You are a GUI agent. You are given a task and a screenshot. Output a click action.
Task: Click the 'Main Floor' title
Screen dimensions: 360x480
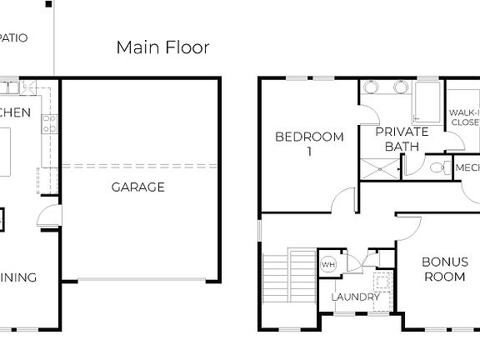162,47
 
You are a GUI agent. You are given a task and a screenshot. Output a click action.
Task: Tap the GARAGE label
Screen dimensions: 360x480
138,187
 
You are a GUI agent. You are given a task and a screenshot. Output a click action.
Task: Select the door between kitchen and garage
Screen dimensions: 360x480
51,215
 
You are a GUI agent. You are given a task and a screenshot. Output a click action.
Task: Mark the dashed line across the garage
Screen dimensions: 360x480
138,166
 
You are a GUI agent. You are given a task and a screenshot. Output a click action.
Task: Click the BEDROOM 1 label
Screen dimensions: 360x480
309,144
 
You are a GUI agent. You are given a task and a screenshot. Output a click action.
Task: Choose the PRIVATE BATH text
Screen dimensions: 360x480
401,139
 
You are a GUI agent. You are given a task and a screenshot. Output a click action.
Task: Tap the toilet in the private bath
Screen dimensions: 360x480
435,168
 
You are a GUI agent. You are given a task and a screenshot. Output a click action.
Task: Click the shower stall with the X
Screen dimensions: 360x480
382,168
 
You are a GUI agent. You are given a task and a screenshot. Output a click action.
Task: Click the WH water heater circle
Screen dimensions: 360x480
327,263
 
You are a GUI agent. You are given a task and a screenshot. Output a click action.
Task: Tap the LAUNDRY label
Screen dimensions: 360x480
356,297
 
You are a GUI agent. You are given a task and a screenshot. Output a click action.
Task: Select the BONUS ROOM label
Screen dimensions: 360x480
444,269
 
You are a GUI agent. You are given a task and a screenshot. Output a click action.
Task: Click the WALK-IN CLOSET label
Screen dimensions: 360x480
464,117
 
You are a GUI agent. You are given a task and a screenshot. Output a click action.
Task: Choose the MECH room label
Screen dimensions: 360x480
467,167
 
